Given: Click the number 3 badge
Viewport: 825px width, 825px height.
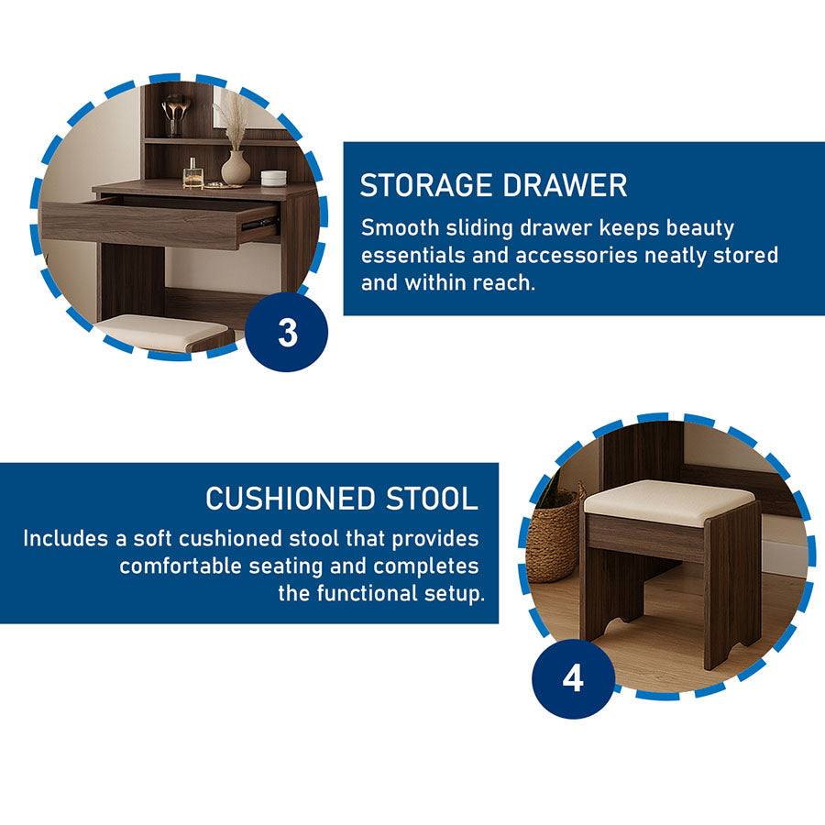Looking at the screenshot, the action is click(287, 332).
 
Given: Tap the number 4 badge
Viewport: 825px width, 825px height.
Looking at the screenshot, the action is click(573, 678).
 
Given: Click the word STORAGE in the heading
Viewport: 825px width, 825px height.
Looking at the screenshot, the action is click(426, 186).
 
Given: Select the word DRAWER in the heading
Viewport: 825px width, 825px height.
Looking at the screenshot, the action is click(565, 186).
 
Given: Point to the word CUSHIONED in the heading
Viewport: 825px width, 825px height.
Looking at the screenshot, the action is click(291, 499).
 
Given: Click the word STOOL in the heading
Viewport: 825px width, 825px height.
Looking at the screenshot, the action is click(432, 499).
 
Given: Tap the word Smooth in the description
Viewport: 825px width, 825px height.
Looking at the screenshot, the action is click(400, 228).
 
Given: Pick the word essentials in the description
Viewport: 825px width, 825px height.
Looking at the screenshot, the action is click(413, 256).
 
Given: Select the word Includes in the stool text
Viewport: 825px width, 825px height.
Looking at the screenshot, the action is click(66, 539).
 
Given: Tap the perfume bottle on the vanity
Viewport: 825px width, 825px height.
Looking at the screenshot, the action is click(193, 173).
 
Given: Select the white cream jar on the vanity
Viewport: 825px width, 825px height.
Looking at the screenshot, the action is click(273, 178).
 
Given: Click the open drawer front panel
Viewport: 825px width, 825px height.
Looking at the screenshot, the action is click(140, 225).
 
